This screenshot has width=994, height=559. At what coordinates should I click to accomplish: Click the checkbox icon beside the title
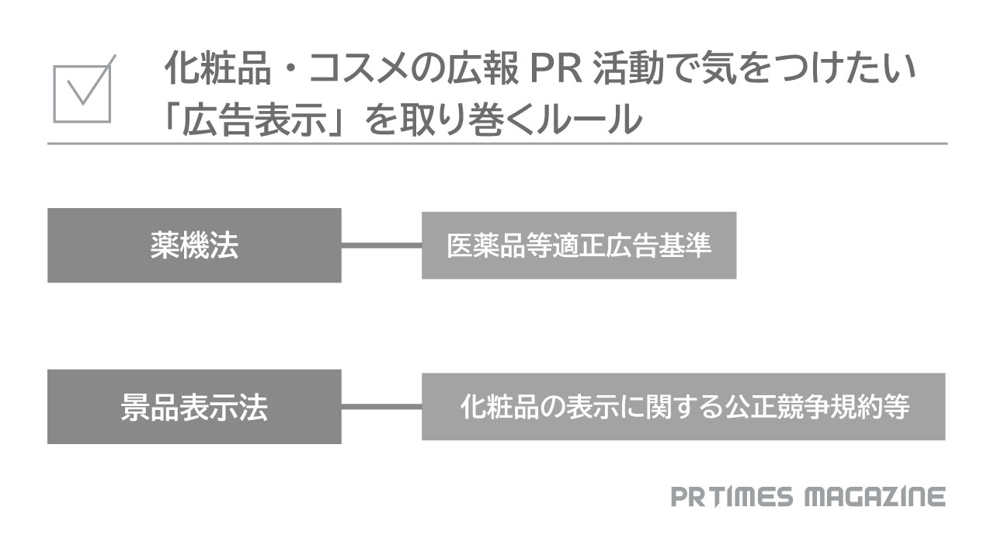[82, 92]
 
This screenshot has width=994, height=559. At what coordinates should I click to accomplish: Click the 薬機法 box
[194, 245]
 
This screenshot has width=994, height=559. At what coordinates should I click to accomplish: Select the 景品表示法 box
[194, 407]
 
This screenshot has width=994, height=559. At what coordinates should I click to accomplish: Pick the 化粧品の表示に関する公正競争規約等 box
[683, 407]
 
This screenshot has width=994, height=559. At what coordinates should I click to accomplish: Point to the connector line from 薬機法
[381, 245]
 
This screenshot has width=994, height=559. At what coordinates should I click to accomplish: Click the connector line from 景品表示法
[381, 407]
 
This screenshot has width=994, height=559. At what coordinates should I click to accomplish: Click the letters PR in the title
[554, 71]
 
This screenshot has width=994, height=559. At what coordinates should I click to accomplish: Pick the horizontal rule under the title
[497, 144]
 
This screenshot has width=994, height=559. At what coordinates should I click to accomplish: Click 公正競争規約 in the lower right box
[792, 407]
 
